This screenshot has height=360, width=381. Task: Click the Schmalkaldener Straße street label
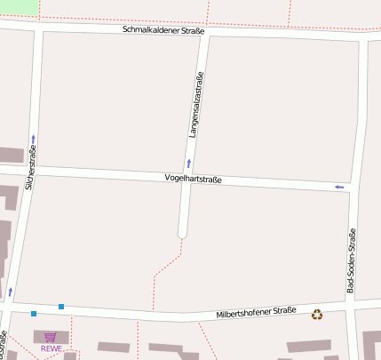point(163,32)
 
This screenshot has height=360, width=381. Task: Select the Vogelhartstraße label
point(193,180)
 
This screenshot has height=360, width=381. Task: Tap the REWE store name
point(51,348)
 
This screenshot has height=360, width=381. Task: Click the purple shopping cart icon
point(51,337)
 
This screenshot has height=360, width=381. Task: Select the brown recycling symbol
point(317,314)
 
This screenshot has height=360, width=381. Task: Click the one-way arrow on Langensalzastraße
point(188,164)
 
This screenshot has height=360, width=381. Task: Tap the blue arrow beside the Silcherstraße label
point(33,139)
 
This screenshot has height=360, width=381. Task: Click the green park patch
point(19,7)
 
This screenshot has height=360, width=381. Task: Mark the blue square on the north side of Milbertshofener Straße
point(61,307)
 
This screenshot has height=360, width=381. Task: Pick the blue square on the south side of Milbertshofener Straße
point(34,314)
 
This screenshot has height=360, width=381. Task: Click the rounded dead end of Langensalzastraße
point(183,233)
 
